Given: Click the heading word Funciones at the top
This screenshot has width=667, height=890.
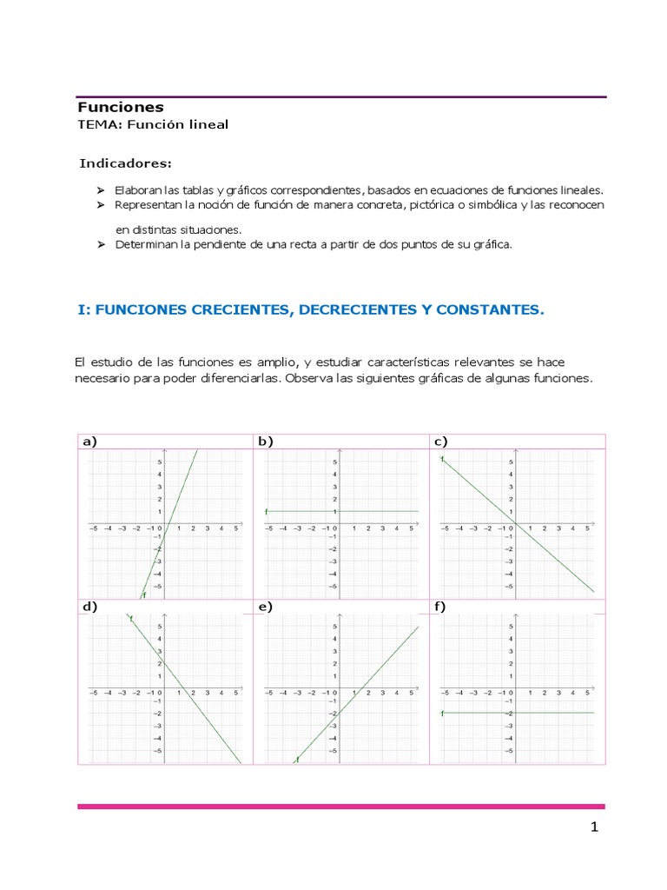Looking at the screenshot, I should click(x=121, y=108).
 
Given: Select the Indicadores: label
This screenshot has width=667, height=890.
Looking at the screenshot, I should click(x=126, y=163).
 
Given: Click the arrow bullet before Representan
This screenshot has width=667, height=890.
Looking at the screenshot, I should click(x=100, y=204).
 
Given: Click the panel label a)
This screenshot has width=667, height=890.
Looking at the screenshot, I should click(x=89, y=442).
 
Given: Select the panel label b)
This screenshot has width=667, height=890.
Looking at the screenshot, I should click(x=265, y=442).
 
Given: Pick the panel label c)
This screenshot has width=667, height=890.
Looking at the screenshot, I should click(x=440, y=442).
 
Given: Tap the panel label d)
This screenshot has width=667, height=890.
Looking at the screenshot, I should click(x=89, y=607).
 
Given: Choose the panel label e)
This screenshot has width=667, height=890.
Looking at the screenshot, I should click(x=265, y=607).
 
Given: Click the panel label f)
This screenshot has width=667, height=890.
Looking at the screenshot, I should click(x=439, y=607).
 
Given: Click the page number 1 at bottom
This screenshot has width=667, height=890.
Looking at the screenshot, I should click(x=595, y=828).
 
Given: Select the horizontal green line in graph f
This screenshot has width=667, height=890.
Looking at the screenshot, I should click(x=556, y=713).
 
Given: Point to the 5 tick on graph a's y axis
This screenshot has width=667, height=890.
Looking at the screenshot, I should click(x=159, y=462).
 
